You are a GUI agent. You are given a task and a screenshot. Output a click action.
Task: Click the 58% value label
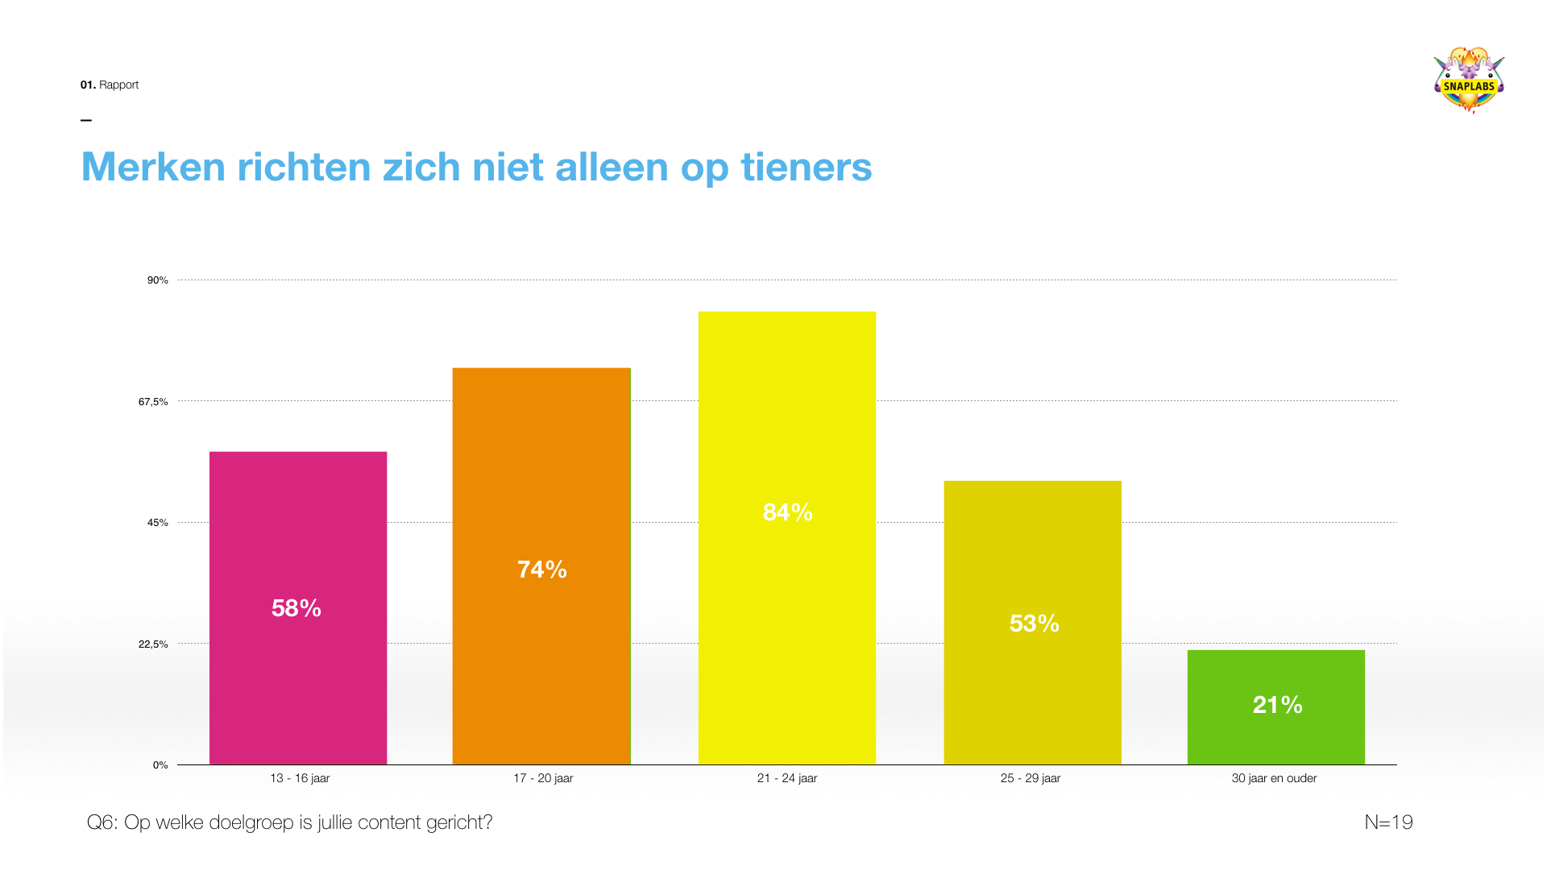(x=297, y=608)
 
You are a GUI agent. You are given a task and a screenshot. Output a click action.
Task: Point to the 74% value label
(x=542, y=570)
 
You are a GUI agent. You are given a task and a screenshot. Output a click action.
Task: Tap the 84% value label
(x=788, y=512)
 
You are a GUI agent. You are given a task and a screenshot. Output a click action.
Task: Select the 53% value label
(x=1035, y=623)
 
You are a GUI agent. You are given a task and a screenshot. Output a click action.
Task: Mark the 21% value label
(x=1278, y=705)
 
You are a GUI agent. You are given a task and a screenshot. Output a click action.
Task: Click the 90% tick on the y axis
(x=157, y=280)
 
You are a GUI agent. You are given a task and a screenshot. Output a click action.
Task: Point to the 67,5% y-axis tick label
(x=153, y=402)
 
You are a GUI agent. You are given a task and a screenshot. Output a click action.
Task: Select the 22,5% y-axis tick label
(x=153, y=644)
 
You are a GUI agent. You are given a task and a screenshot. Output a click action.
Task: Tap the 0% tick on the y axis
(x=160, y=765)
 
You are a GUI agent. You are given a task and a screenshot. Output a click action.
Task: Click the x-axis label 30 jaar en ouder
(x=1274, y=778)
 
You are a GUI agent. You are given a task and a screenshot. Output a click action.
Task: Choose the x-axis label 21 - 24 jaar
(x=787, y=778)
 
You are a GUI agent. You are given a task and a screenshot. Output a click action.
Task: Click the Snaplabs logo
(x=1469, y=81)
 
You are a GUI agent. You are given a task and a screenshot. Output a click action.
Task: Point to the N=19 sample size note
(x=1388, y=822)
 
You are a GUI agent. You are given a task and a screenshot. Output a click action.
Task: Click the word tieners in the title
(x=806, y=167)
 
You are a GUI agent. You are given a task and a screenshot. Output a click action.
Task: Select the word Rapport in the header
(x=118, y=85)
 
